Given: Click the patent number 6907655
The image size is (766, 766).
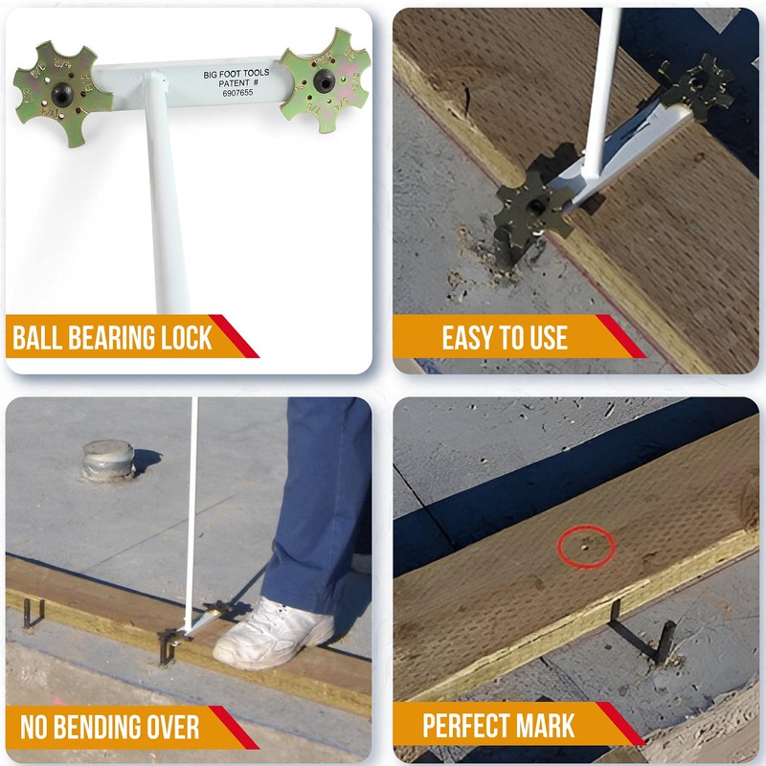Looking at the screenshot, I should tap(240, 96).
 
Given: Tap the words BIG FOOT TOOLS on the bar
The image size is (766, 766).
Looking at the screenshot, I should tap(236, 72).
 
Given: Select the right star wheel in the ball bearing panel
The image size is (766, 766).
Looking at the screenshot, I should tap(326, 80).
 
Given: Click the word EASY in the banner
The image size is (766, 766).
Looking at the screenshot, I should tap(470, 338).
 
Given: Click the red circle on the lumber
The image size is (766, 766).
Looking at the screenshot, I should tap(585, 546).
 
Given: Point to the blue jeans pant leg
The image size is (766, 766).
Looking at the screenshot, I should tap(321, 507).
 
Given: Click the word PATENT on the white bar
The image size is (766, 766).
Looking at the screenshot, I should tap(228, 84).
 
